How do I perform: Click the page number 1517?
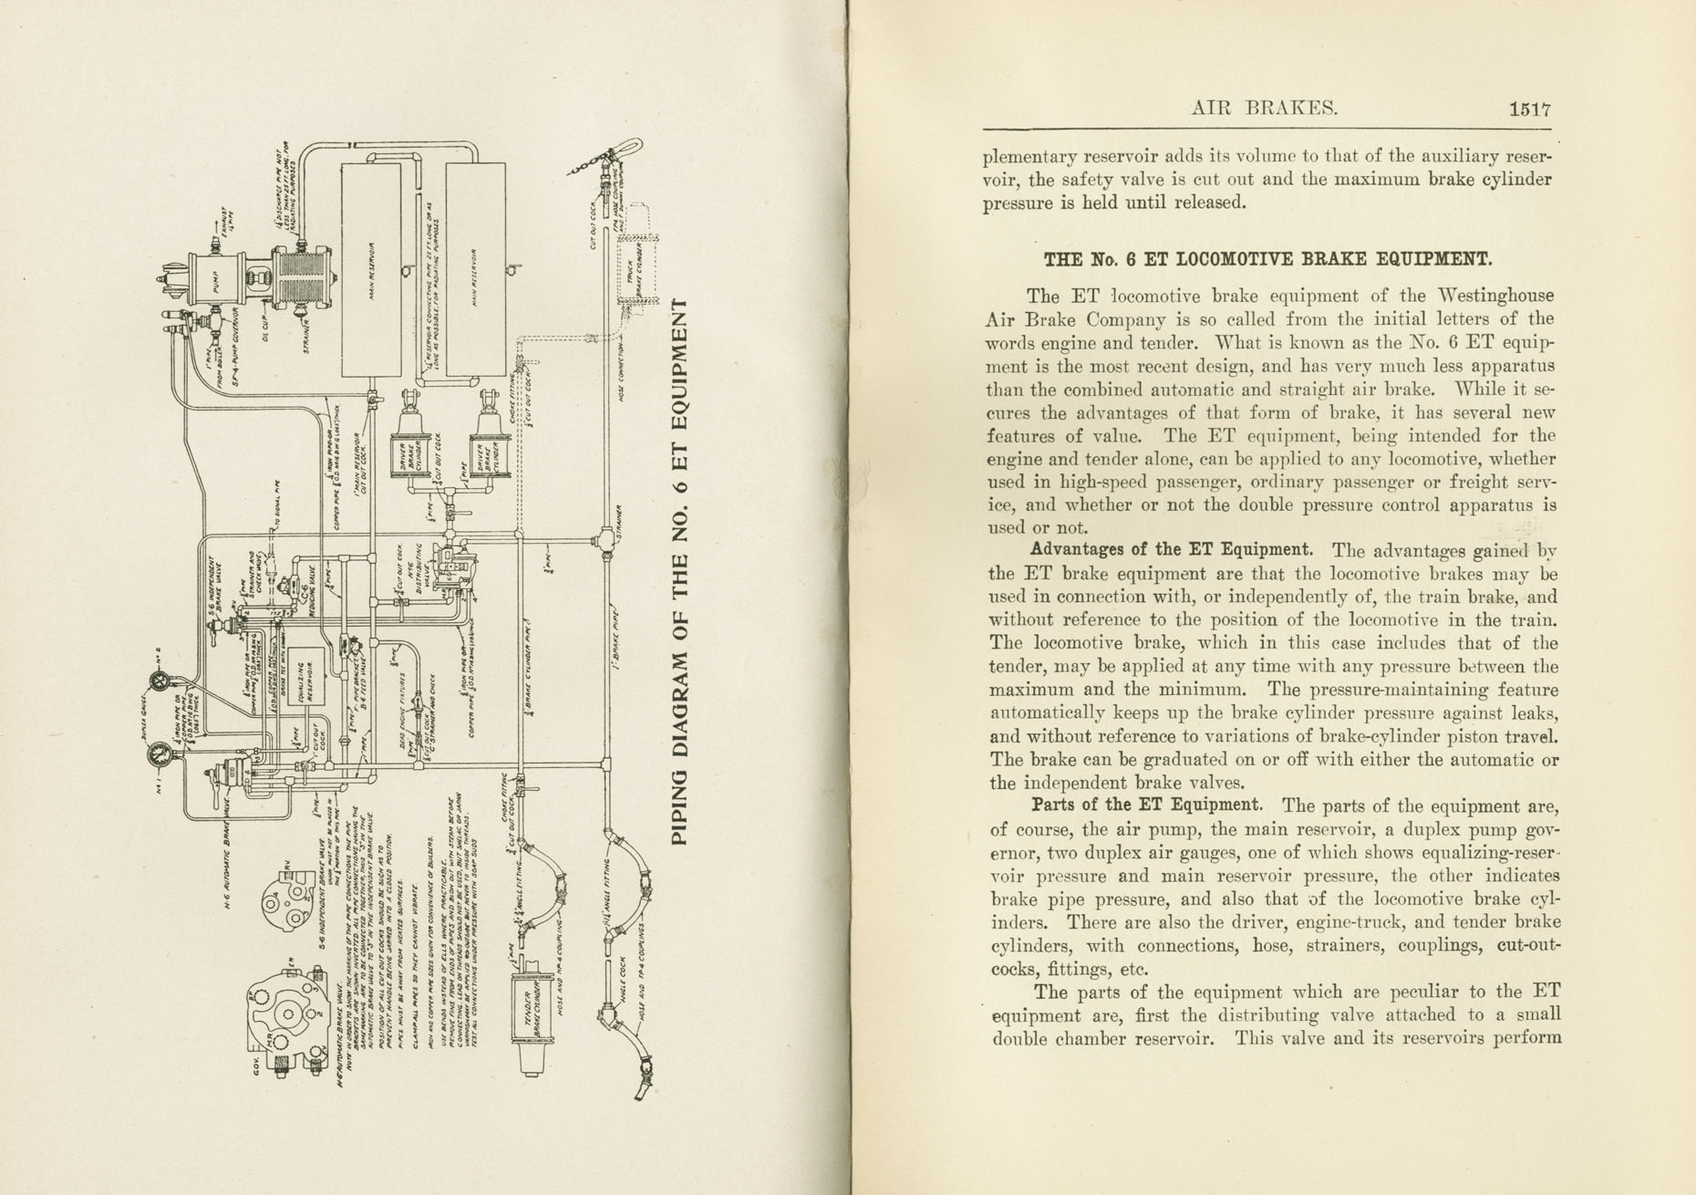point(1529,109)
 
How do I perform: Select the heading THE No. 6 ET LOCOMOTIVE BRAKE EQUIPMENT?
point(1267,259)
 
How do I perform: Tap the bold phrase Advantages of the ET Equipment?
point(1171,550)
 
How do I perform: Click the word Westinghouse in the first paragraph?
point(1474,296)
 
